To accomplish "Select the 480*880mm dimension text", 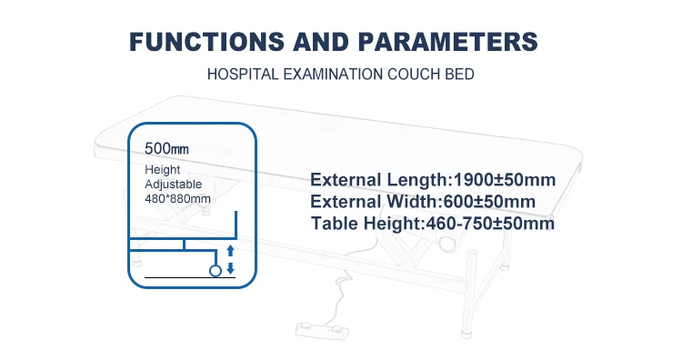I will [178, 197].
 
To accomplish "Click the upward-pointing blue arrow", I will [230, 249].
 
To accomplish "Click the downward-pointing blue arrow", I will [230, 267].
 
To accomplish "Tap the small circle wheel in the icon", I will [216, 271].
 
